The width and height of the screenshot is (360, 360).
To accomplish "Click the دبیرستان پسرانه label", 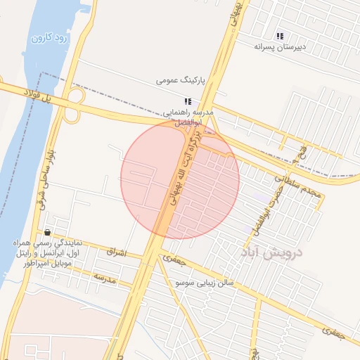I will coord(281,46).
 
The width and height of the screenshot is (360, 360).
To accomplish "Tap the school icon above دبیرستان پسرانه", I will coord(280,35).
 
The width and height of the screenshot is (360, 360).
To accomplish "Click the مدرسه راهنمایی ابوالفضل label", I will coord(184,117).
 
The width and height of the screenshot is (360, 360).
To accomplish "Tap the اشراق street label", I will coord(115,251).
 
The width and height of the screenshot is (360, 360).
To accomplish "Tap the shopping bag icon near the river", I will coord(47,232).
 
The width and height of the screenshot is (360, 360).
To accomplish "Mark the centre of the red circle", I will coord(180,180).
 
